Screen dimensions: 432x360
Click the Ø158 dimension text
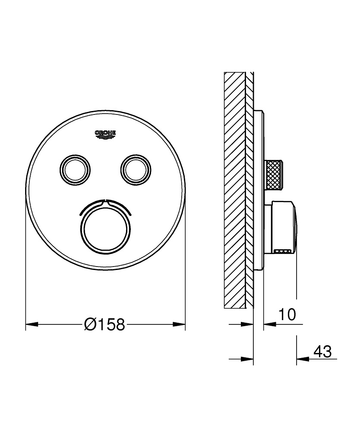[105, 324]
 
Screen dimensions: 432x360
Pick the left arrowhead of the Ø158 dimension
[32, 324]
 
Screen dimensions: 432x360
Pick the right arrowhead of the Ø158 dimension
[179, 324]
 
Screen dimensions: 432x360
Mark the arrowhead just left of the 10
[269, 324]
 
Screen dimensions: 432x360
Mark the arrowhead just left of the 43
[302, 359]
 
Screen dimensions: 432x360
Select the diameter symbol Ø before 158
[91, 324]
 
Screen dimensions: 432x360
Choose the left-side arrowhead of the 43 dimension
[247, 359]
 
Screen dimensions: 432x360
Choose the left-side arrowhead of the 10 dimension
[247, 324]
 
